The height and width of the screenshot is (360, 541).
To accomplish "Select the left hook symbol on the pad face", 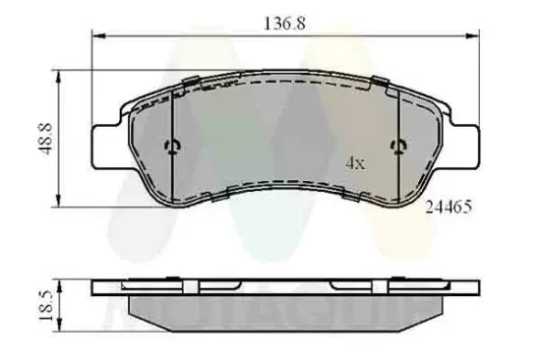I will point(173,148).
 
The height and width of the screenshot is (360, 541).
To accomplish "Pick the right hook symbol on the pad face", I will point(399,148).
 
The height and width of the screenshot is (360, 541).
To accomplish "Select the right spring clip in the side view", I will point(350,286).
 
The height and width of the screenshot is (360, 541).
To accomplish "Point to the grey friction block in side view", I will point(286,305).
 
